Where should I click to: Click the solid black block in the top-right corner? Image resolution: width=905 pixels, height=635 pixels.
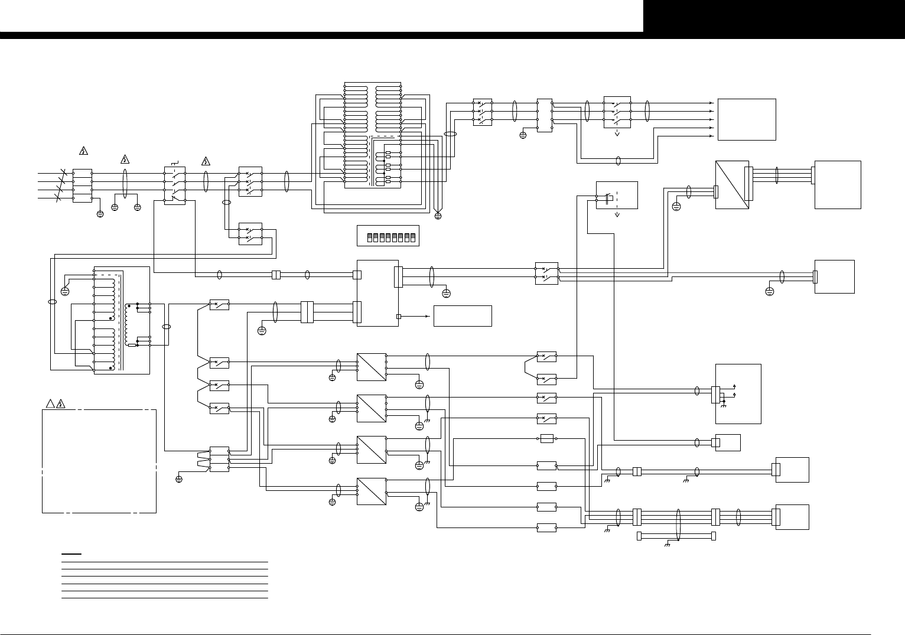point(774,16)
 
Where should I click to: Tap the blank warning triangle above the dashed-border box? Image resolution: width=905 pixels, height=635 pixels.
point(50,404)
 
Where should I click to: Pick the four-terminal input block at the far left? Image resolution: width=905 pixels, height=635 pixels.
point(82,186)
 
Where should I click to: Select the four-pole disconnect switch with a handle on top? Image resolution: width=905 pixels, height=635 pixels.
point(175,185)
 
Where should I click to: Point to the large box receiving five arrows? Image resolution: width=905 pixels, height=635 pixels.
point(747,119)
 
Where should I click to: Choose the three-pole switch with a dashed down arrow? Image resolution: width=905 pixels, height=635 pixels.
point(617,112)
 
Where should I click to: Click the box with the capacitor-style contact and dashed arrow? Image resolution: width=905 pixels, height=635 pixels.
point(617,195)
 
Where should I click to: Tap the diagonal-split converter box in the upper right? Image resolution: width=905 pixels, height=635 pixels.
point(732,184)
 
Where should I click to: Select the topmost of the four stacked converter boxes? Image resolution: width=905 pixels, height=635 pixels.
point(372,367)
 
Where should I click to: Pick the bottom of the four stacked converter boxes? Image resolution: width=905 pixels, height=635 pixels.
point(372,491)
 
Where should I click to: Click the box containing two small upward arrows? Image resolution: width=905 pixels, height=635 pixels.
point(738,393)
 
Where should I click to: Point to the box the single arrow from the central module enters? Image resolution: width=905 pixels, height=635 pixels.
point(463,316)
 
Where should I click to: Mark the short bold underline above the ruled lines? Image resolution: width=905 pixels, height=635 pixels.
point(71,554)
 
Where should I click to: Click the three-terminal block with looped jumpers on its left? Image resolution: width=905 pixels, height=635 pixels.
point(219,459)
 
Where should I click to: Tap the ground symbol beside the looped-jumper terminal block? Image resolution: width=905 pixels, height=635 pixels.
point(179,479)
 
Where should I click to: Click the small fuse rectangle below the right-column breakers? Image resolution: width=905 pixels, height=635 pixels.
point(546,438)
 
